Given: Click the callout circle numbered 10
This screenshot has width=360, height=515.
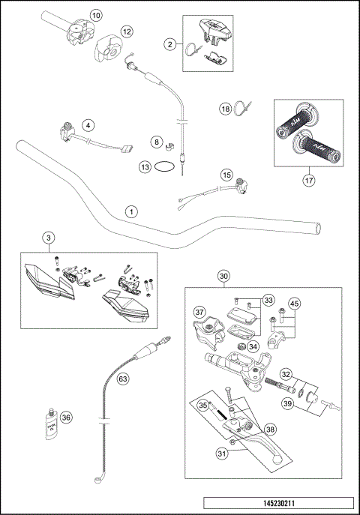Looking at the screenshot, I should click(x=95, y=14).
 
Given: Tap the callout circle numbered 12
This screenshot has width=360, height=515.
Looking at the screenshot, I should click(x=127, y=31).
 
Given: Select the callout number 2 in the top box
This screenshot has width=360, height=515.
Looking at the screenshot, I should click(x=170, y=45).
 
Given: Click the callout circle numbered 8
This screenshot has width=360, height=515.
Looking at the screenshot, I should click(x=156, y=141).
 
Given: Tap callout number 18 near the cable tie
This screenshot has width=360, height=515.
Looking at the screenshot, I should click(x=225, y=109).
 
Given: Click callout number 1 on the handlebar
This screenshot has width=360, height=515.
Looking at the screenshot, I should click(x=131, y=212).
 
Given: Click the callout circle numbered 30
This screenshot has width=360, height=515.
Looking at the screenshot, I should click(x=223, y=276).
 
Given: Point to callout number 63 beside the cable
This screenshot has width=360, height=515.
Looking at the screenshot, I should click(x=123, y=379).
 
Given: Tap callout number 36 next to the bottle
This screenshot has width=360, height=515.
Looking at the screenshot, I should click(x=66, y=418).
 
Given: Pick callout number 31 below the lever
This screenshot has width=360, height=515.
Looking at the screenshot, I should click(x=222, y=453).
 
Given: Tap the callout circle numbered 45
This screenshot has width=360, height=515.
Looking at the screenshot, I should click(x=295, y=303).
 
